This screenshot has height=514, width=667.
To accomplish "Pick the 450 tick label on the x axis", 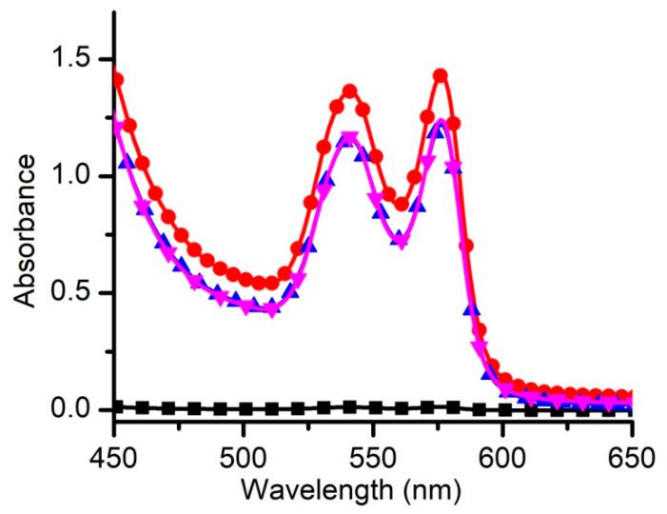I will tap(115, 455).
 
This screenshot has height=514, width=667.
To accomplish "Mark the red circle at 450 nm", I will tap(116, 79).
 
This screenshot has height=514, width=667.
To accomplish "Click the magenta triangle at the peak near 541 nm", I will tap(349, 138).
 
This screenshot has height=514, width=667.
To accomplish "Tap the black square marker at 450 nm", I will tap(116, 406).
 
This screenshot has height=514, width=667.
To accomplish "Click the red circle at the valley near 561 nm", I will tap(402, 204).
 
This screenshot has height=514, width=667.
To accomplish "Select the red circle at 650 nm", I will tap(624, 396).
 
